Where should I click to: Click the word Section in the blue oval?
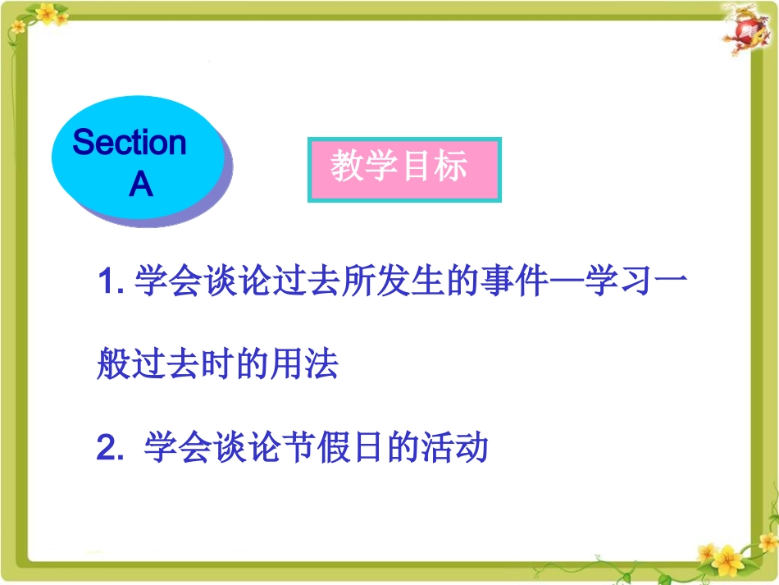[130, 143]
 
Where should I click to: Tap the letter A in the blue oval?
[141, 185]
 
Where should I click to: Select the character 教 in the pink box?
[347, 167]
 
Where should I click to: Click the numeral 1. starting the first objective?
[110, 284]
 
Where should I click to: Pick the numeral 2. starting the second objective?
[110, 448]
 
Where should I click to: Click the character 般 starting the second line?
[113, 365]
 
